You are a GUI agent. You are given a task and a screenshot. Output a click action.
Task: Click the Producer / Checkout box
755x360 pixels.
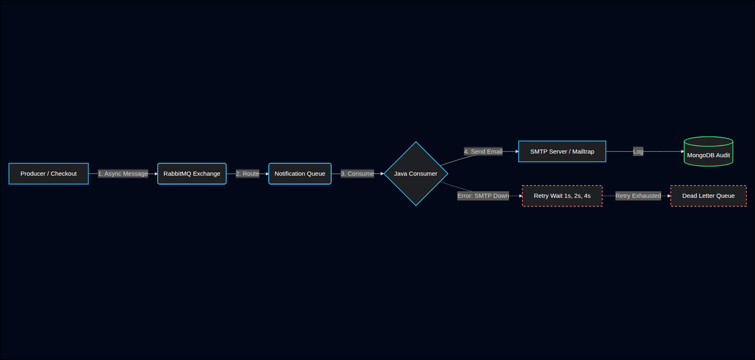[x=48, y=174]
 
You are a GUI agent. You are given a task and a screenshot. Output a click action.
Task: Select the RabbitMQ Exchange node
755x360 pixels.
[x=192, y=174]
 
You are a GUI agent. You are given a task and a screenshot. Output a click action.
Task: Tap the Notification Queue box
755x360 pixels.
[x=300, y=174]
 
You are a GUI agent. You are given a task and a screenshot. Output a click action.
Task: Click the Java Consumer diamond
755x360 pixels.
[x=416, y=174]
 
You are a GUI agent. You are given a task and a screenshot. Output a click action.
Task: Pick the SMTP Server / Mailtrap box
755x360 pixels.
[x=562, y=152]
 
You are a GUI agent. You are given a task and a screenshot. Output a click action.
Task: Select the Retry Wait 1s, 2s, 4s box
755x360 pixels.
[x=562, y=196]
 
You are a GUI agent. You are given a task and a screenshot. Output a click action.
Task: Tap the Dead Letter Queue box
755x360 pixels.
[x=708, y=196]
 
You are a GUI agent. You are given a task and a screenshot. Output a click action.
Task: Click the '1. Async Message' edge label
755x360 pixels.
[x=123, y=174]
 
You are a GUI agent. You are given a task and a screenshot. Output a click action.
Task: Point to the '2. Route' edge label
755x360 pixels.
[x=247, y=174]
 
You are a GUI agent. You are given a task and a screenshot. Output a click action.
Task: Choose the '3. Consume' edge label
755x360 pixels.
[x=357, y=174]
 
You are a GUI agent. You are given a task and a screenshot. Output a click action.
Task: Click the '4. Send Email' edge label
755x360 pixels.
[x=483, y=152]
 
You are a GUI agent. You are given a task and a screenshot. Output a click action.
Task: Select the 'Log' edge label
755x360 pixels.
[x=638, y=152]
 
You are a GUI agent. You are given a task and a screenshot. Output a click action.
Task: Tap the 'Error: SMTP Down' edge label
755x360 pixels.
[x=483, y=196]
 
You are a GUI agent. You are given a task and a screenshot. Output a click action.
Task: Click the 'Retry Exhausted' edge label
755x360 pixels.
[x=638, y=196]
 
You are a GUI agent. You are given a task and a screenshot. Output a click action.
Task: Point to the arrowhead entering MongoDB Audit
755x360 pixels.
[x=682, y=152]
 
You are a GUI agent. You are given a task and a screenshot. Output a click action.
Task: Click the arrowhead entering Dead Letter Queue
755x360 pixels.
[x=669, y=196]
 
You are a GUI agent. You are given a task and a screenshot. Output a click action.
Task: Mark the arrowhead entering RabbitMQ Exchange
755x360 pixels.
[x=156, y=174]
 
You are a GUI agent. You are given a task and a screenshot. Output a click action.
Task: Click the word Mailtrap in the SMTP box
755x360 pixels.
[x=583, y=152]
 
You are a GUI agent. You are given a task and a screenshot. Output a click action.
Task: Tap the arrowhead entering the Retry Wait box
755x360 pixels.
[x=520, y=196]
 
